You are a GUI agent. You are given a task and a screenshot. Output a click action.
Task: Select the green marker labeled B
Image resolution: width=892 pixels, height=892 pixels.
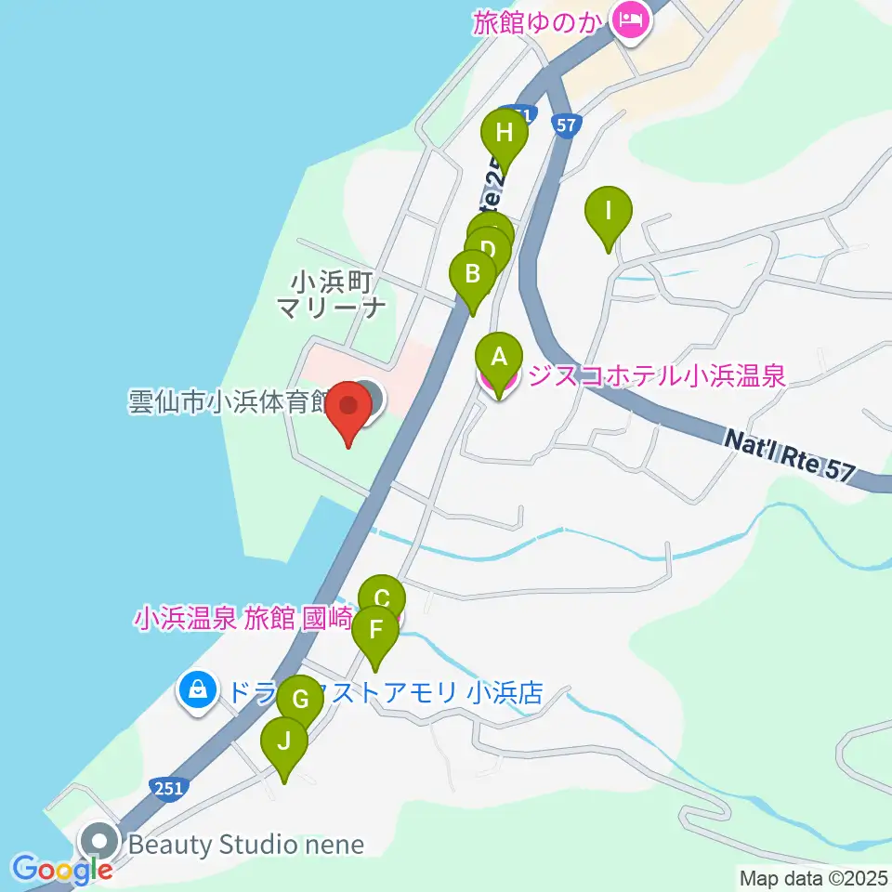472,275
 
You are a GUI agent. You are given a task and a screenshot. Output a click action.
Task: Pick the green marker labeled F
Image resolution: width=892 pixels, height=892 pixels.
375,631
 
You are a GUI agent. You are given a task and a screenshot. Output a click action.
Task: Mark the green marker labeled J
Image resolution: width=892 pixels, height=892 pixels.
284,741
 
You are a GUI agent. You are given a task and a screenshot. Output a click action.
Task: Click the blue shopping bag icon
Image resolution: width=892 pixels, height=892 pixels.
197,689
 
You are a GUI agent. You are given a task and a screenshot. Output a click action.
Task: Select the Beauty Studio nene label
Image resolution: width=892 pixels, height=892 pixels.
245,845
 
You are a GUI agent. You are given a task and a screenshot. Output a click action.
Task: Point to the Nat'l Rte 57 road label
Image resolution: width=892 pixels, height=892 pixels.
788,450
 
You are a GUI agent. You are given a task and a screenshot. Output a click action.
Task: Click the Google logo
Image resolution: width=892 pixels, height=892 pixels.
61,870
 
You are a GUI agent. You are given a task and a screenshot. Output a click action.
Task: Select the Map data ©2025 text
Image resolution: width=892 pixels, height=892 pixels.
812,877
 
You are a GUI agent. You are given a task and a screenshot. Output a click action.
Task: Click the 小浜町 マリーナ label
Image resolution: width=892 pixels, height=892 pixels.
332,295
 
